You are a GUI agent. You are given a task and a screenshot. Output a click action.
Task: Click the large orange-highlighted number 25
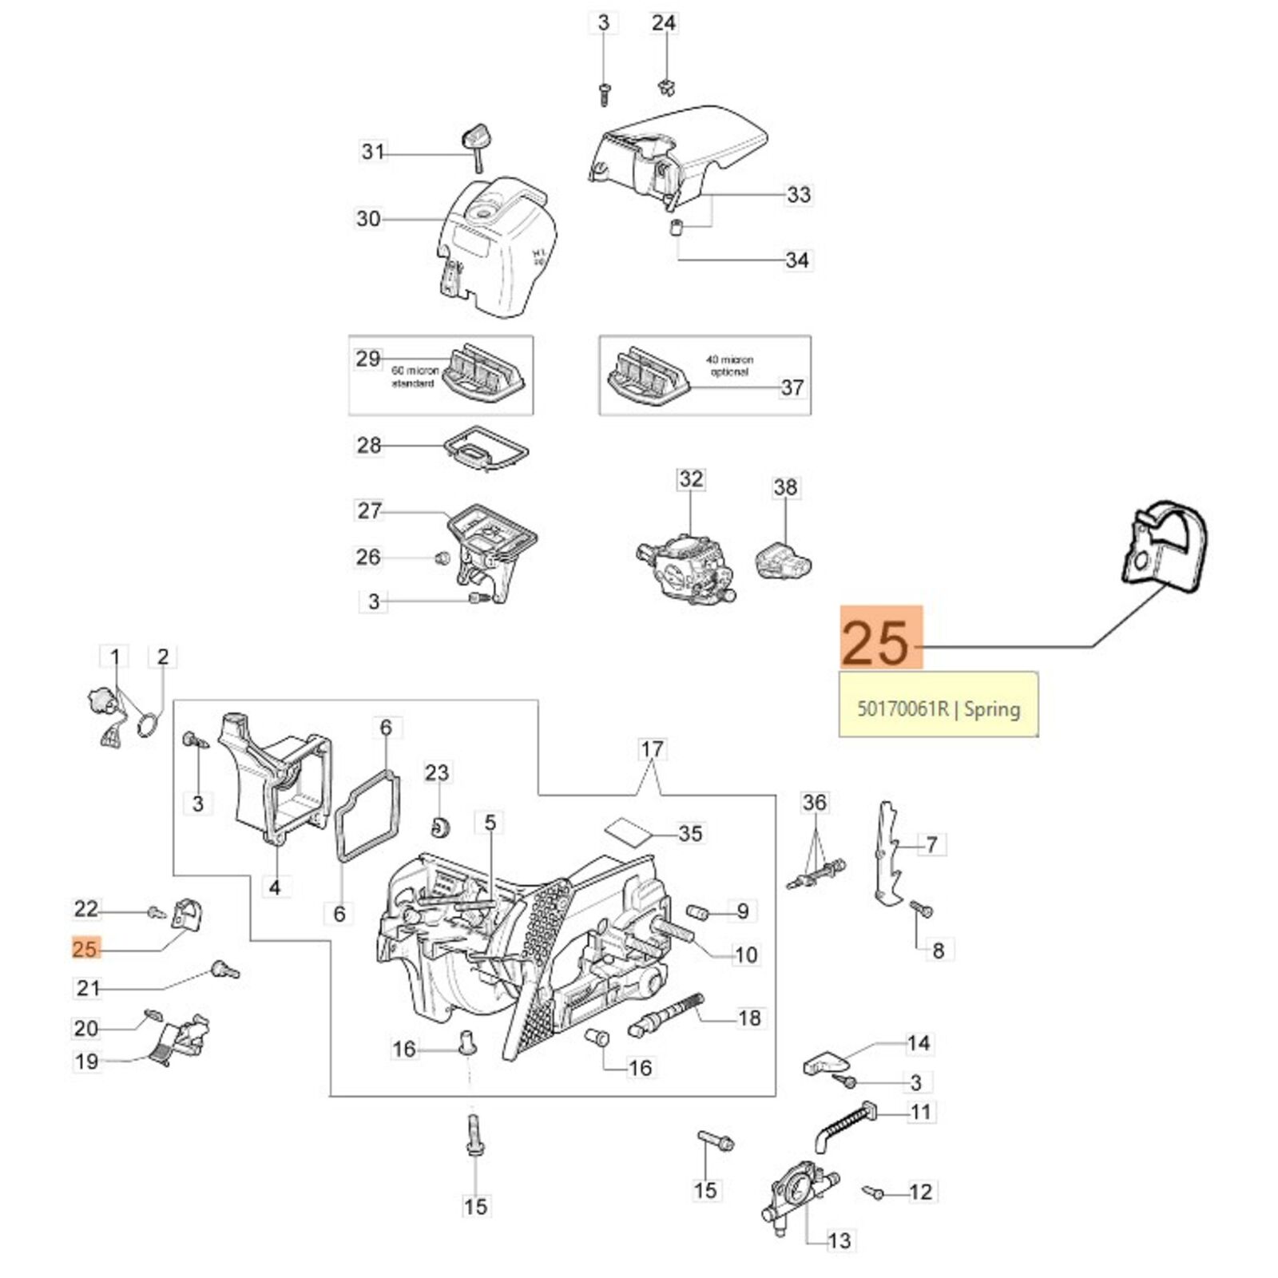pyautogui.click(x=880, y=637)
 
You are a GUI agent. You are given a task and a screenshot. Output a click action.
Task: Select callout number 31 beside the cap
pyautogui.click(x=373, y=151)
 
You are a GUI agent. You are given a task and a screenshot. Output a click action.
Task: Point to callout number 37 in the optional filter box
pyautogui.click(x=792, y=387)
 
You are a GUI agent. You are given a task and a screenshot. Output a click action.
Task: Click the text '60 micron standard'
pyautogui.click(x=415, y=377)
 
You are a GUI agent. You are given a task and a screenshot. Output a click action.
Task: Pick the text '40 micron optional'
pyautogui.click(x=729, y=366)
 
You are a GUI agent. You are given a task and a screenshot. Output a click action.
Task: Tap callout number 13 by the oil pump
pyautogui.click(x=839, y=1240)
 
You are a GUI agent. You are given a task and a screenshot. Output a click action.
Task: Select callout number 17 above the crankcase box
pyautogui.click(x=652, y=749)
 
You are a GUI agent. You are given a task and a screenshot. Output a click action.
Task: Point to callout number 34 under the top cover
pyautogui.click(x=797, y=260)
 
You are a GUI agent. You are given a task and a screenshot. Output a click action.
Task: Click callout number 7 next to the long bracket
pyautogui.click(x=931, y=844)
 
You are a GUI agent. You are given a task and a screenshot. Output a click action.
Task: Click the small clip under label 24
pyautogui.click(x=664, y=85)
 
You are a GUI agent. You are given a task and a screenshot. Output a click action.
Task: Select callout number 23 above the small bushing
pyautogui.click(x=437, y=772)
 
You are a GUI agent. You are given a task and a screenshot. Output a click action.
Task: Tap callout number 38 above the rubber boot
pyautogui.click(x=785, y=487)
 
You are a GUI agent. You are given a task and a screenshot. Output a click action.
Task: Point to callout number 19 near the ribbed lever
pyautogui.click(x=86, y=1062)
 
